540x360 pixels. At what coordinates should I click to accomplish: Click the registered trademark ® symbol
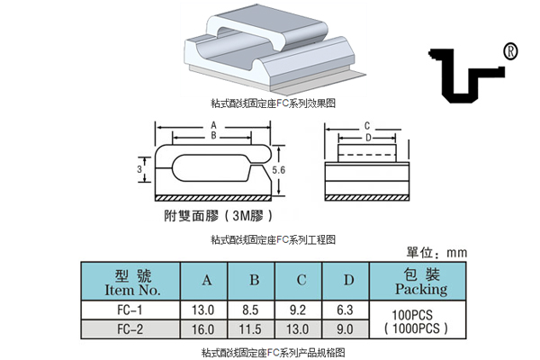click(511, 51)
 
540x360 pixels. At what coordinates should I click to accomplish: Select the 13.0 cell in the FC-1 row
click(206, 310)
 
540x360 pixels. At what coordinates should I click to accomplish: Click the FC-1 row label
click(131, 310)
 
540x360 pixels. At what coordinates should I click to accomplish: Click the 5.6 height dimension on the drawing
click(279, 168)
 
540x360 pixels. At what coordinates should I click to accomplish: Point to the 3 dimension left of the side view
click(140, 168)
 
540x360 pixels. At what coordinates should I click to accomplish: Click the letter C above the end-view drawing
click(367, 126)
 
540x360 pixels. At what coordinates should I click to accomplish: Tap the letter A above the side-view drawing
click(213, 125)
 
